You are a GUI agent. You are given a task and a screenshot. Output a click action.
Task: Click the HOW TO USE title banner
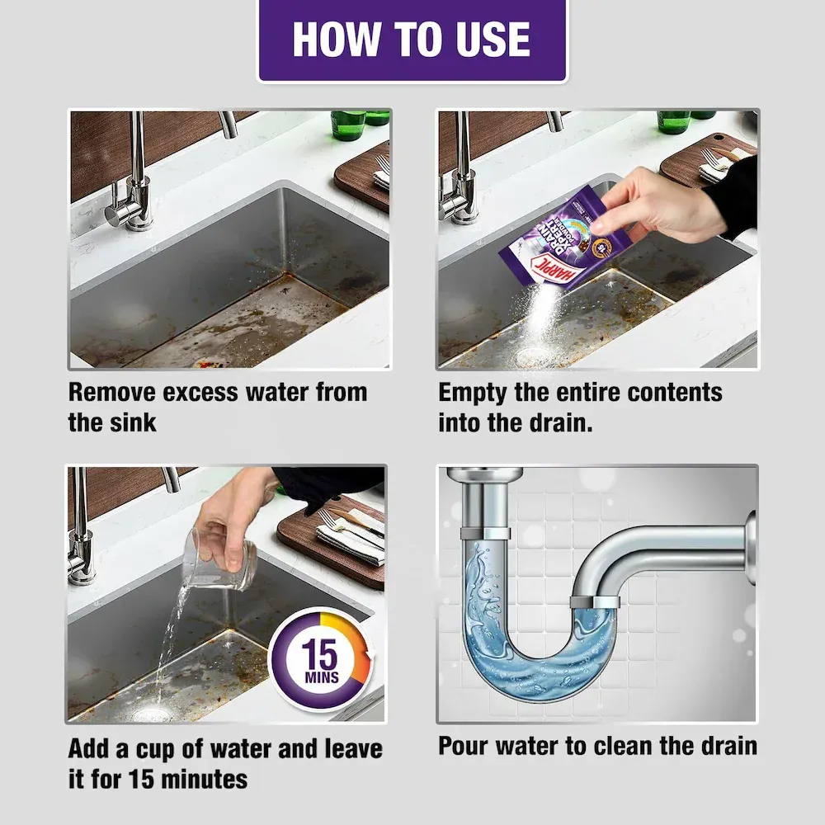[412, 39]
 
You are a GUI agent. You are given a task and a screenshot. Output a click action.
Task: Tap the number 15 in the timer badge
[320, 657]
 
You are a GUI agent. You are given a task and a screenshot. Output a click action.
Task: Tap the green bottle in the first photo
[347, 124]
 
